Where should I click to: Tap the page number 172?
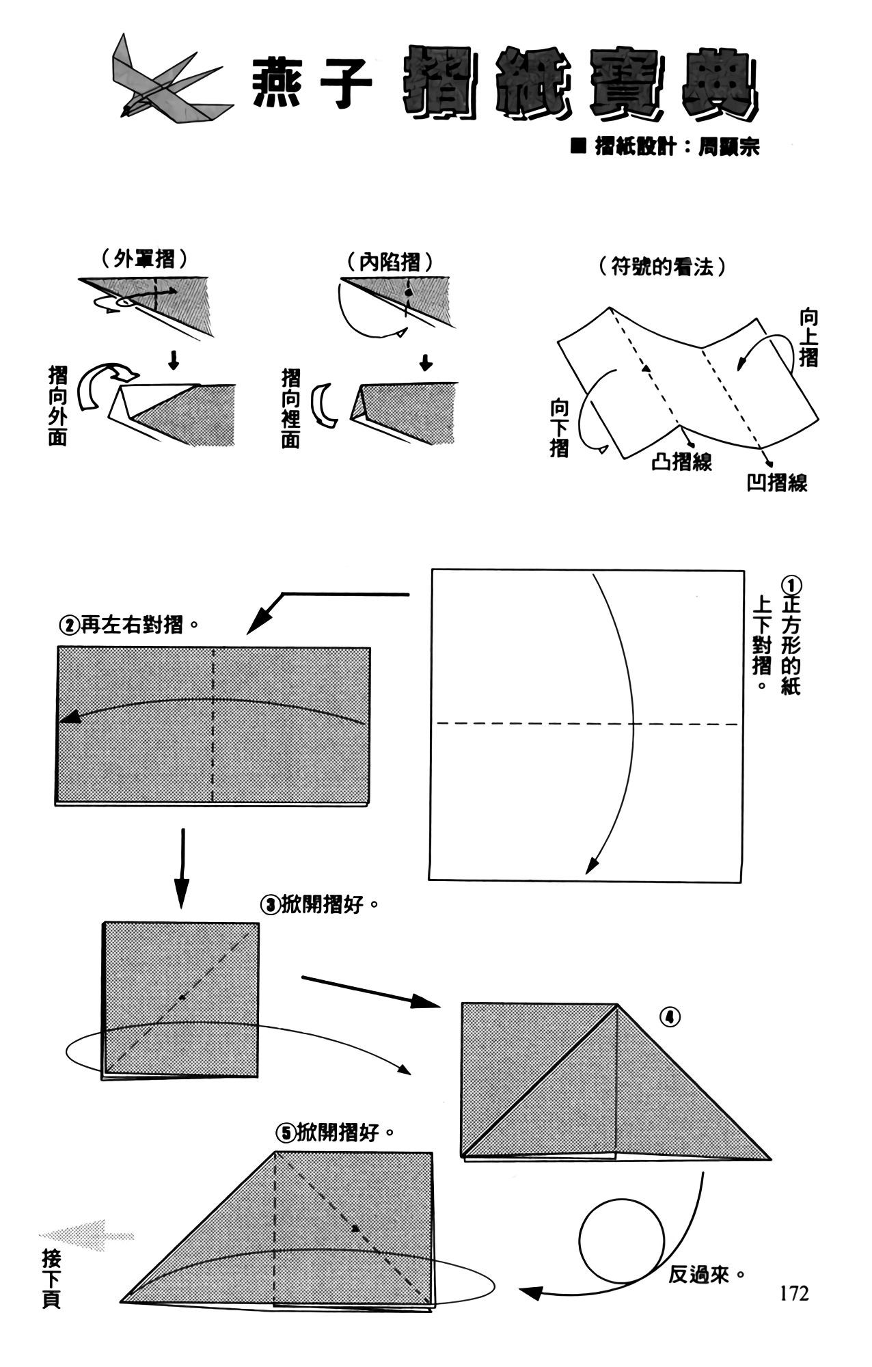point(793,1293)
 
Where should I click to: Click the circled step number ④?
point(670,1018)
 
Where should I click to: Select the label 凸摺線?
point(681,463)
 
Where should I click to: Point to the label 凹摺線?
point(777,483)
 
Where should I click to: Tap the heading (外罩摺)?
point(145,260)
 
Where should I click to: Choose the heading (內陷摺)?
point(390,262)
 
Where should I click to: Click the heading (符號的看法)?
point(662,267)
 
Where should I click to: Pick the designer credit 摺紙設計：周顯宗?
point(667,147)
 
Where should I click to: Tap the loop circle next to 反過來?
point(621,1241)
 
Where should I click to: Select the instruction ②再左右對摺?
point(129,624)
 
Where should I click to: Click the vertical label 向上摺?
point(808,338)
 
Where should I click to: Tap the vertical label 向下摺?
point(560,429)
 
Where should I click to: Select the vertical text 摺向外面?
point(58,406)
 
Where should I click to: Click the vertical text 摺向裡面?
point(291,408)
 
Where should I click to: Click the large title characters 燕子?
point(312,83)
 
